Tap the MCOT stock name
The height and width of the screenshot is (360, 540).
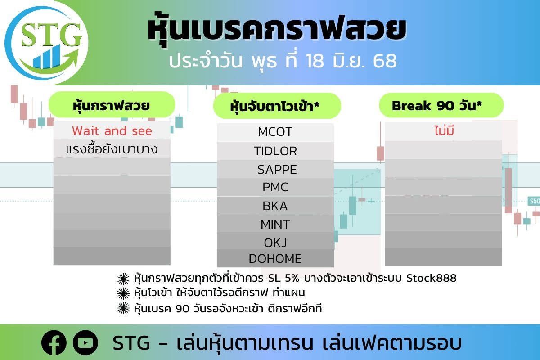(275, 132)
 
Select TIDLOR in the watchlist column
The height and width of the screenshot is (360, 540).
(275, 151)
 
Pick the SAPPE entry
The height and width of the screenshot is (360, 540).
(277, 170)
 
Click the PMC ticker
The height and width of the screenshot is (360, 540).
(275, 187)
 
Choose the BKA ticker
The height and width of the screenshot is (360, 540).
(275, 206)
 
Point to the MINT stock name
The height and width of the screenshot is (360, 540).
(275, 225)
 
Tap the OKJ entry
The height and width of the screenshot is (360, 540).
(275, 243)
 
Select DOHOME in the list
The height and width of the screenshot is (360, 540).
(275, 259)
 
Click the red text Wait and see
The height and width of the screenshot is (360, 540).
(112, 131)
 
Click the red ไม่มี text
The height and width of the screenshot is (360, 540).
(444, 131)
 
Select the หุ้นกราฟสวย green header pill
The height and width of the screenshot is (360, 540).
(112, 105)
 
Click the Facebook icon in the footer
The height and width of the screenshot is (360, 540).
(54, 342)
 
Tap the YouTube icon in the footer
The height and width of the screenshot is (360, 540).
(85, 342)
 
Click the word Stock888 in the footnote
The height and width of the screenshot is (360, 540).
(432, 278)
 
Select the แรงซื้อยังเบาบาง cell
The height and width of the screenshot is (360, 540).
(112, 149)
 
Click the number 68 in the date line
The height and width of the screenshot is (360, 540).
(385, 61)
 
